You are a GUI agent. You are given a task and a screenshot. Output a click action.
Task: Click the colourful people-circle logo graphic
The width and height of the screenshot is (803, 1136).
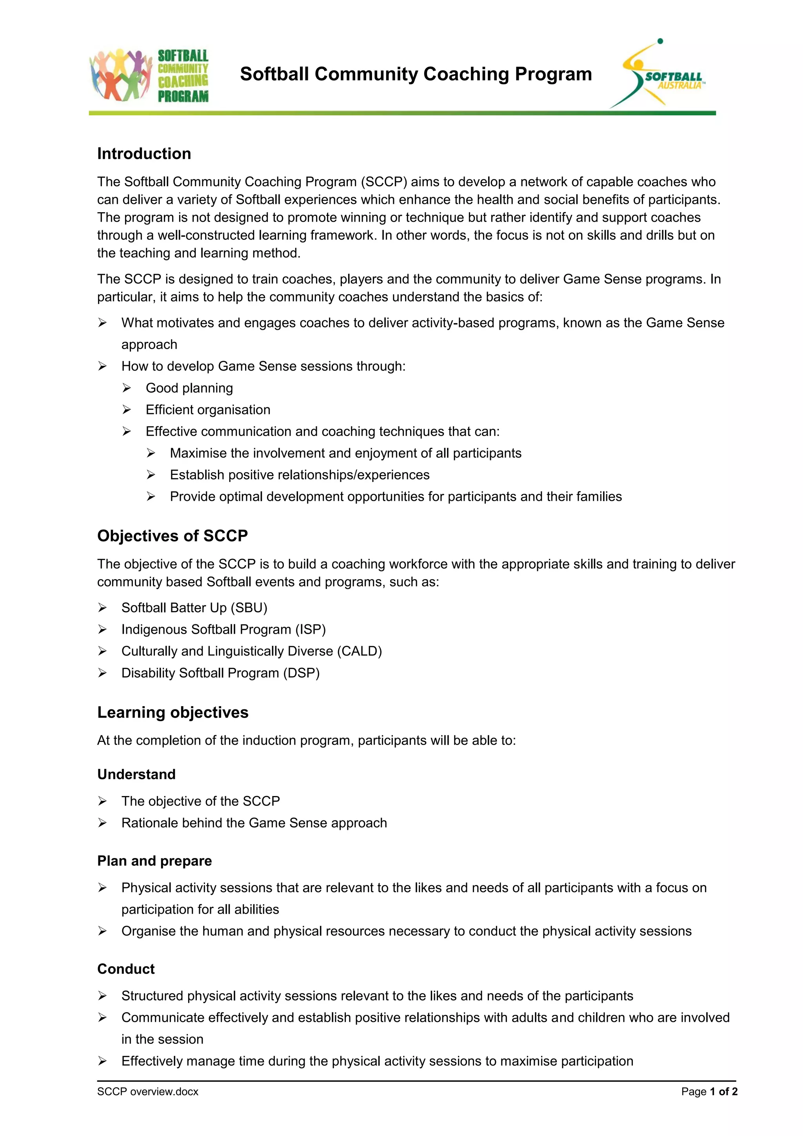point(120,75)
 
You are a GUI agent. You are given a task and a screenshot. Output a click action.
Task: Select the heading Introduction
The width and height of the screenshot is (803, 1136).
point(144,154)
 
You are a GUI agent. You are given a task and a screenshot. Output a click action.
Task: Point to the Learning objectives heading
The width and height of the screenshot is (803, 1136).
point(173,712)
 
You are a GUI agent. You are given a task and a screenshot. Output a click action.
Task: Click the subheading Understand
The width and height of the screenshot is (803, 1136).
point(136,774)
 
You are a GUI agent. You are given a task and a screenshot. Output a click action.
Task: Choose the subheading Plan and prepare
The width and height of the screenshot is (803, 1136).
point(154,861)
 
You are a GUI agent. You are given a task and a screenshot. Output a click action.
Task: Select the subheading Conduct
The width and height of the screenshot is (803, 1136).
point(126,969)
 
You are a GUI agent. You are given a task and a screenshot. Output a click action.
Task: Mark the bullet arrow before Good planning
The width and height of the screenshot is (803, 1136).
point(127,388)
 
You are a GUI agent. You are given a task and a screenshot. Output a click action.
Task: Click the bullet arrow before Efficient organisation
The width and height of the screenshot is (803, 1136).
point(127,410)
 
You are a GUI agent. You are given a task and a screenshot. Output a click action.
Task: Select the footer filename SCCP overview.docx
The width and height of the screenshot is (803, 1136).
point(147,1092)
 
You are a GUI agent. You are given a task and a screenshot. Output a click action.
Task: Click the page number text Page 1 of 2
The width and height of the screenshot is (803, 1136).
point(709,1092)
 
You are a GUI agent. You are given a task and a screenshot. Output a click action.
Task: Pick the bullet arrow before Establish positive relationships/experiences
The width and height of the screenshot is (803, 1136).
point(151,475)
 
